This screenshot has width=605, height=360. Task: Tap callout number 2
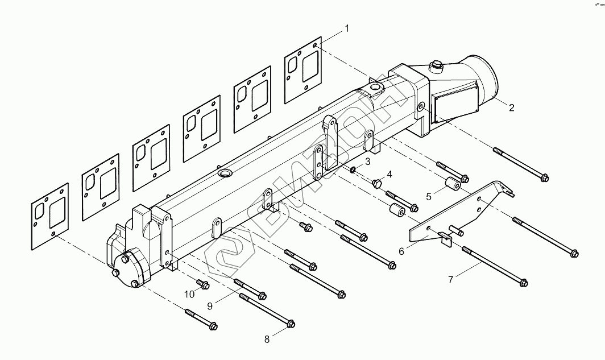(x=511, y=107)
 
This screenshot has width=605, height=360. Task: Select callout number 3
(x=368, y=162)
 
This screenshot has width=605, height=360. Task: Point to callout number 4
(x=389, y=173)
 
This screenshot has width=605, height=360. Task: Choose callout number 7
(x=451, y=280)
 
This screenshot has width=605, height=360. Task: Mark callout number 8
(x=267, y=340)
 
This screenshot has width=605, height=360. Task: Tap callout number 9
(x=210, y=306)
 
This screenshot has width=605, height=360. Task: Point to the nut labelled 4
(x=376, y=183)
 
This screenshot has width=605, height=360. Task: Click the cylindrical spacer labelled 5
(x=451, y=185)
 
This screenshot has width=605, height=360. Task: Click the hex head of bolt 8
(x=290, y=324)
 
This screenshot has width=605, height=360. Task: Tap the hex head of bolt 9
(x=262, y=295)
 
